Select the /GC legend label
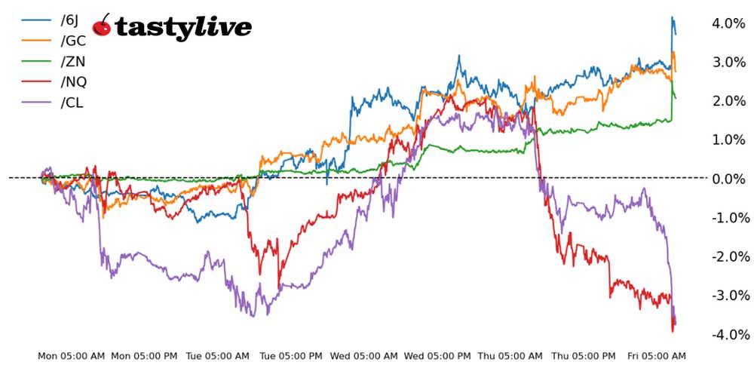click(x=72, y=41)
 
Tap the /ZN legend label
click(x=72, y=61)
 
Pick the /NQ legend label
click(x=73, y=81)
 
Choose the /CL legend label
click(x=72, y=102)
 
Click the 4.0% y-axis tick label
click(x=728, y=23)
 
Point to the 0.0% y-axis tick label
click(x=728, y=179)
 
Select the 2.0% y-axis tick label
click(x=728, y=101)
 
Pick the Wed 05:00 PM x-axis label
click(x=437, y=355)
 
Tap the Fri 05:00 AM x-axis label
click(x=657, y=355)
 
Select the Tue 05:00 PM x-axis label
click(x=291, y=355)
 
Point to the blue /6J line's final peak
click(x=672, y=17)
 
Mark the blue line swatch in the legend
click(x=35, y=20)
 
